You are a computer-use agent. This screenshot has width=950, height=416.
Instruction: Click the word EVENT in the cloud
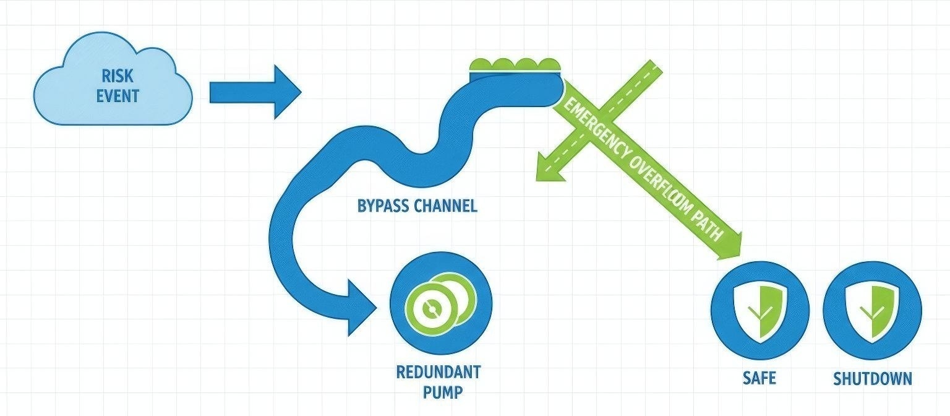117,97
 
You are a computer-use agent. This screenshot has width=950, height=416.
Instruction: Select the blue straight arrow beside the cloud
254,92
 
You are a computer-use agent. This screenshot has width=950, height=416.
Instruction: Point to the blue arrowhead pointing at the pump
362,307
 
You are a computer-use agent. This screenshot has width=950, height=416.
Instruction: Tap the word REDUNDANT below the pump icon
438,373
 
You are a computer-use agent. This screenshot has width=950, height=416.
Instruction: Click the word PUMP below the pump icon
443,392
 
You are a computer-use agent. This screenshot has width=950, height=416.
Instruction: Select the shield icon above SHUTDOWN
872,310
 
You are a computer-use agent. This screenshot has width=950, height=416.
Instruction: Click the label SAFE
760,378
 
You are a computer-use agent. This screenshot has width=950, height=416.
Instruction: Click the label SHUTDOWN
872,378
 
